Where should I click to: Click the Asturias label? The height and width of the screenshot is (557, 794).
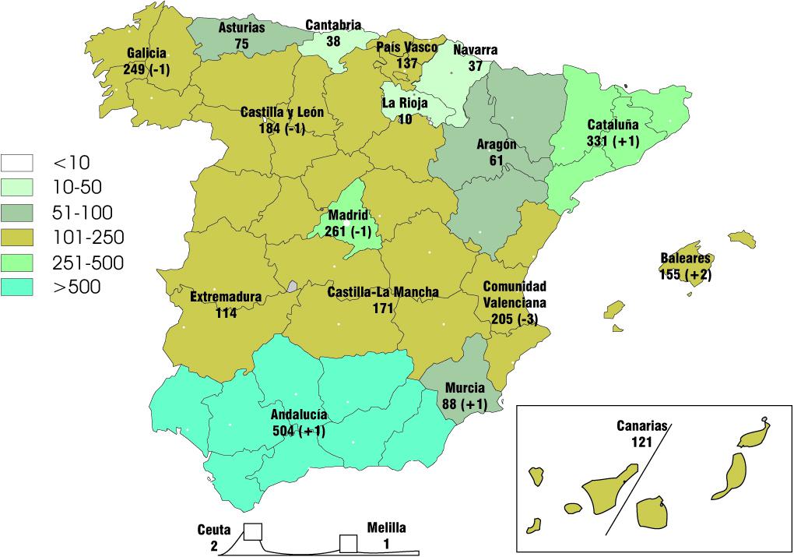(241, 27)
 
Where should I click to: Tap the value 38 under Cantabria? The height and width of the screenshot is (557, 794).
(332, 42)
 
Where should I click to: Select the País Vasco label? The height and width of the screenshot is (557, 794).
(407, 48)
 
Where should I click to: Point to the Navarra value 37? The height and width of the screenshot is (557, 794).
(475, 66)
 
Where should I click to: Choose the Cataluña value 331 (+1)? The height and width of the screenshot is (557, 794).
(613, 141)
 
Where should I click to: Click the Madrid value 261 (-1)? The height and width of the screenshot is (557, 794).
(348, 229)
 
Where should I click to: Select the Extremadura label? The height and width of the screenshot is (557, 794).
(226, 297)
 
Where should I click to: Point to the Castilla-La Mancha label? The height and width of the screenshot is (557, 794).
(382, 292)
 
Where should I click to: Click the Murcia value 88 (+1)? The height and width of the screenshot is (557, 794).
(466, 404)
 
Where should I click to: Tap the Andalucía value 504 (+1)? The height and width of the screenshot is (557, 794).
(299, 430)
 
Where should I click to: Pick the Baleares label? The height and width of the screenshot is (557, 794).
(686, 259)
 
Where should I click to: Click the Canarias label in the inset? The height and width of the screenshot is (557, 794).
(643, 427)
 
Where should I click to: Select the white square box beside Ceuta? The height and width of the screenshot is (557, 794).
(253, 532)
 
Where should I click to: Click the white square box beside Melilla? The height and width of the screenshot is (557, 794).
(348, 543)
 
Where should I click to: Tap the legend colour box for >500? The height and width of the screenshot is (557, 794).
(22, 287)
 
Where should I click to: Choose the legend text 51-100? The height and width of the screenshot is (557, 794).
(83, 213)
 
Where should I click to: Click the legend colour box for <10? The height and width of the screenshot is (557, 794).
(22, 163)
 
